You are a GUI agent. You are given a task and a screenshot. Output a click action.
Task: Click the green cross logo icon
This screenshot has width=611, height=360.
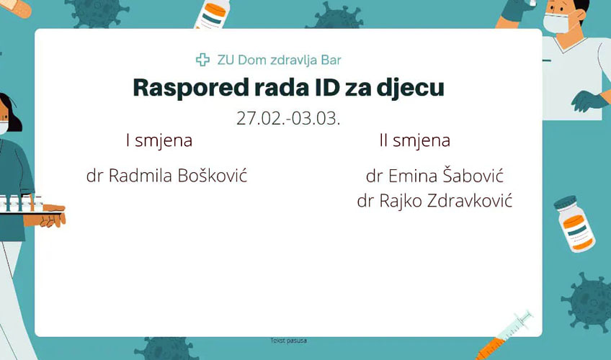pyautogui.click(x=202, y=60)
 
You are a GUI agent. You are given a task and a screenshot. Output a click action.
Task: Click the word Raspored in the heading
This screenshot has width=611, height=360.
pyautogui.click(x=190, y=88)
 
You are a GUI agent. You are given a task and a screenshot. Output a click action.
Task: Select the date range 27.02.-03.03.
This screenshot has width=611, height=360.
pyautogui.click(x=288, y=118)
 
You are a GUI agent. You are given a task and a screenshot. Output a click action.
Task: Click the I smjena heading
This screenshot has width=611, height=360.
pyautogui.click(x=159, y=141)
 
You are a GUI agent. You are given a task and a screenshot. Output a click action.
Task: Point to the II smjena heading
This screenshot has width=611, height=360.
pyautogui.click(x=414, y=141)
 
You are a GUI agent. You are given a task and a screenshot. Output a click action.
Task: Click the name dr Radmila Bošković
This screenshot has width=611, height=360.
pyautogui.click(x=166, y=176)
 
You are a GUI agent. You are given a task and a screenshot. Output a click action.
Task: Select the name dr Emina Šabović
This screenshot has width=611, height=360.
pyautogui.click(x=435, y=176)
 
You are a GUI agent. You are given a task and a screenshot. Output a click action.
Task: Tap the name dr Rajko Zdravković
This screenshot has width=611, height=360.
pyautogui.click(x=434, y=201)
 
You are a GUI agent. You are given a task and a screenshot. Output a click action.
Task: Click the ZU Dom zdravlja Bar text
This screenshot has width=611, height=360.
pyautogui.click(x=279, y=60)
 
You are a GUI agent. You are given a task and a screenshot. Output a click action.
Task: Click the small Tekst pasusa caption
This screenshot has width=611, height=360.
pyautogui.click(x=288, y=341)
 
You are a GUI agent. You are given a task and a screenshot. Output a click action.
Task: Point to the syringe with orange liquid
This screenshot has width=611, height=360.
pyautogui.click(x=504, y=335)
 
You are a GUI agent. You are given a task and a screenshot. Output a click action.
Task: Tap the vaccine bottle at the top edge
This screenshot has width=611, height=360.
pyautogui.click(x=212, y=14)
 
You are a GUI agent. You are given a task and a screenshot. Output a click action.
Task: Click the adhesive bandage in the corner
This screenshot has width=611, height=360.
pyautogui.click(x=16, y=8)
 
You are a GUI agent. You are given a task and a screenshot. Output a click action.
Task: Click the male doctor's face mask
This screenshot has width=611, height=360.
pyautogui.click(x=556, y=23)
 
